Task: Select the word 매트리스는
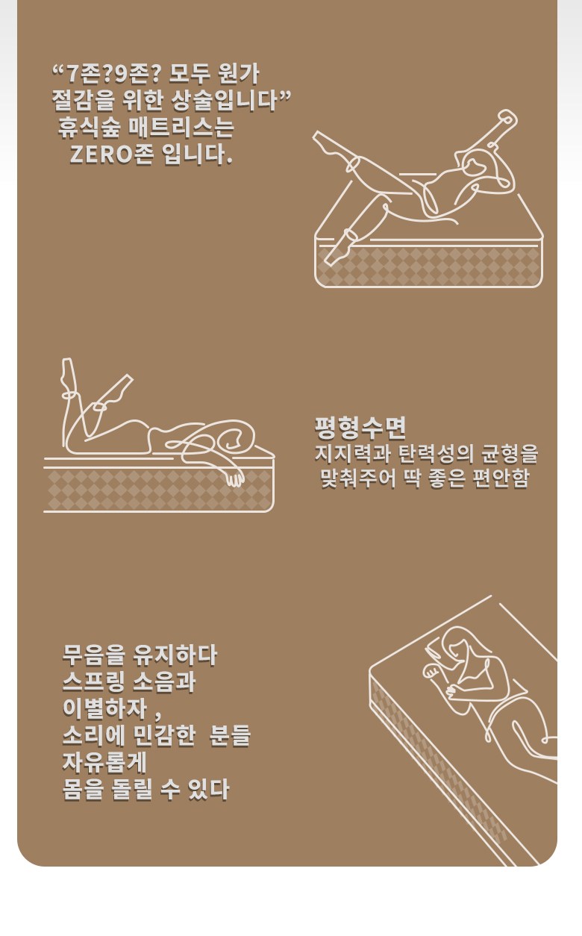(181, 128)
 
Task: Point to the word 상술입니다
(225, 101)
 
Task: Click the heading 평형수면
(360, 427)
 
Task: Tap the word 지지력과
(352, 455)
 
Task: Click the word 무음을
(93, 655)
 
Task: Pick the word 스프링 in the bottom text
(93, 681)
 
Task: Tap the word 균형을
(510, 455)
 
